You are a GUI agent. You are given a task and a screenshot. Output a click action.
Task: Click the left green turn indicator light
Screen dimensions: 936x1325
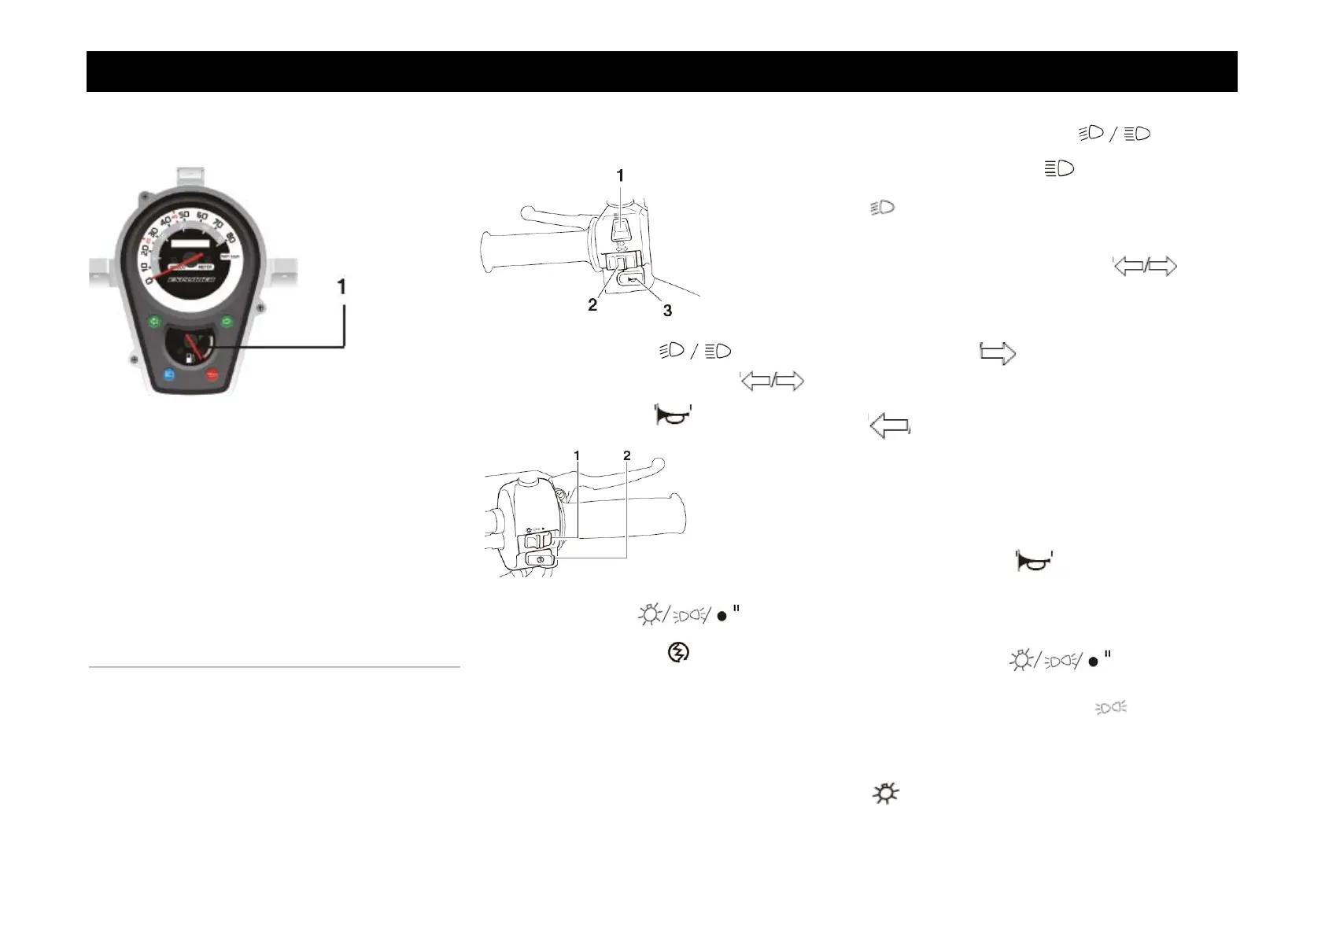(x=154, y=321)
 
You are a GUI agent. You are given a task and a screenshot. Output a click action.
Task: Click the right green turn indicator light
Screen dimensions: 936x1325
(x=227, y=321)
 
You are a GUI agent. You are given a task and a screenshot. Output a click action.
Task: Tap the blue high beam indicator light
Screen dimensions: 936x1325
(x=169, y=375)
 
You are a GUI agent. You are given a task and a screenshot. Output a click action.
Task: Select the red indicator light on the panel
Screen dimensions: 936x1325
(x=212, y=375)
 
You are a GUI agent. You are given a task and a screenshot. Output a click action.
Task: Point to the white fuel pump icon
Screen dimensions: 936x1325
(x=190, y=358)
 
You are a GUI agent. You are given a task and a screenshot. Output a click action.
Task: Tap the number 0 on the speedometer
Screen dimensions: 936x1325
(x=149, y=280)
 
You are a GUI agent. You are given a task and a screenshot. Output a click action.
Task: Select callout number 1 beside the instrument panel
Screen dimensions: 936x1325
(x=341, y=288)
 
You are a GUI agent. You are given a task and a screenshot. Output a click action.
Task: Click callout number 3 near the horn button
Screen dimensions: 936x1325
(x=667, y=311)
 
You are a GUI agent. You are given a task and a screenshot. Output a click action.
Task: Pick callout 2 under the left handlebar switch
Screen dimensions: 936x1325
(x=592, y=305)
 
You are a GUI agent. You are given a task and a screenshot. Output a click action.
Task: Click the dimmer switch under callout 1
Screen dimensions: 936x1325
(x=619, y=229)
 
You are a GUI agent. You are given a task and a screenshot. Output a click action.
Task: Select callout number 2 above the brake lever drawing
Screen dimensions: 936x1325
(x=626, y=455)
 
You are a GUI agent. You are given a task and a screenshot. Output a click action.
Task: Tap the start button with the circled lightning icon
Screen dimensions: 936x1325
(x=540, y=558)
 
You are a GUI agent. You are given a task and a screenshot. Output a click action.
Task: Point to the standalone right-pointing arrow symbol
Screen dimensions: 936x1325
(x=997, y=354)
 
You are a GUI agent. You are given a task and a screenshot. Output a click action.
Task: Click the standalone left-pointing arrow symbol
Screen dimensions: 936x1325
(x=889, y=426)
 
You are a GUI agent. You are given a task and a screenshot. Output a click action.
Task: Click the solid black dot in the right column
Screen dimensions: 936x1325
(x=1093, y=662)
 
